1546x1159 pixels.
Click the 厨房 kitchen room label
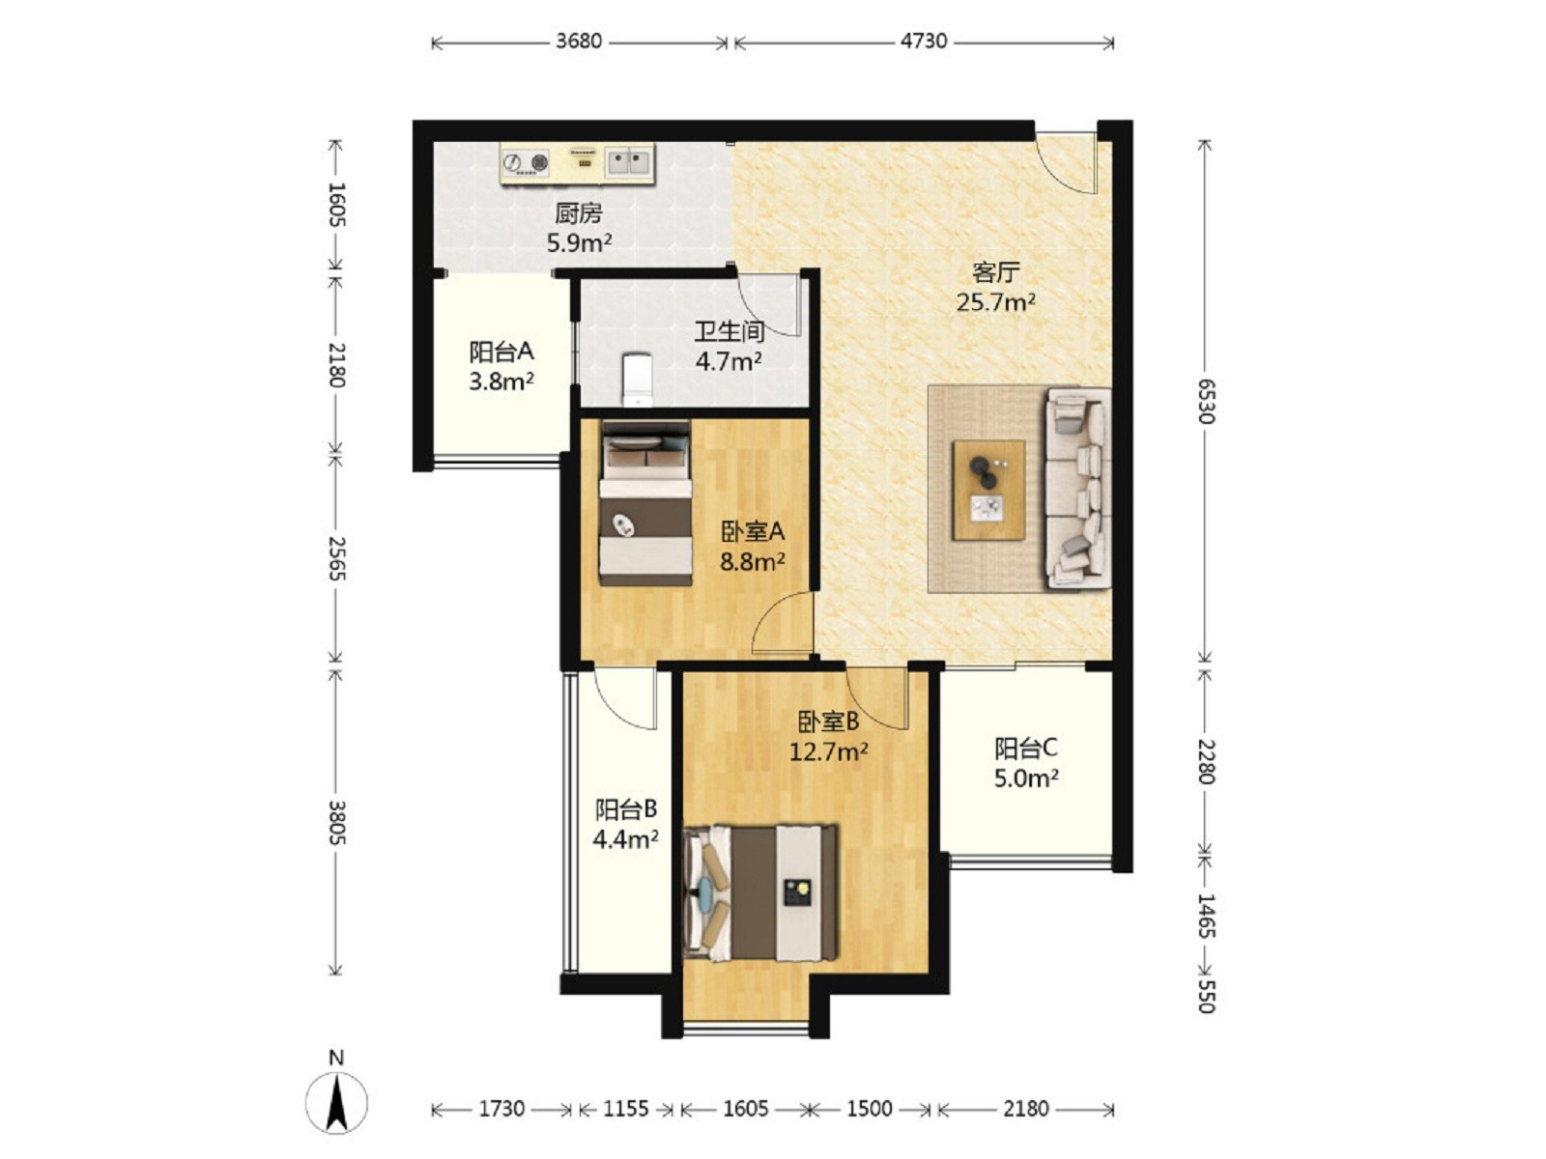click(x=578, y=212)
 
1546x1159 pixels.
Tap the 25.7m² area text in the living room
click(x=995, y=302)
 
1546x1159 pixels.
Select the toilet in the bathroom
click(x=638, y=380)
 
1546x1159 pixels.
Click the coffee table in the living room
click(x=988, y=491)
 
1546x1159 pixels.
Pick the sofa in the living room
click(x=1077, y=488)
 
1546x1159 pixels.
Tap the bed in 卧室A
click(x=645, y=502)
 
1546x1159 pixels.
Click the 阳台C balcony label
click(x=1025, y=748)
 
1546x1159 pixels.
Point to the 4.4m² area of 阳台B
click(x=625, y=839)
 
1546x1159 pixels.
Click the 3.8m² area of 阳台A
click(x=501, y=382)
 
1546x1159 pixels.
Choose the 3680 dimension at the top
click(x=579, y=41)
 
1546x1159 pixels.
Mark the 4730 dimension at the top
click(x=924, y=41)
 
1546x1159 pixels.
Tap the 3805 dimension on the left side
click(x=337, y=822)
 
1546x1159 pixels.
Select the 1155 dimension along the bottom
click(x=625, y=1109)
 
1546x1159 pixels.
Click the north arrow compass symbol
click(x=336, y=1103)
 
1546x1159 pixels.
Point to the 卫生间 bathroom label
click(x=729, y=331)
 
